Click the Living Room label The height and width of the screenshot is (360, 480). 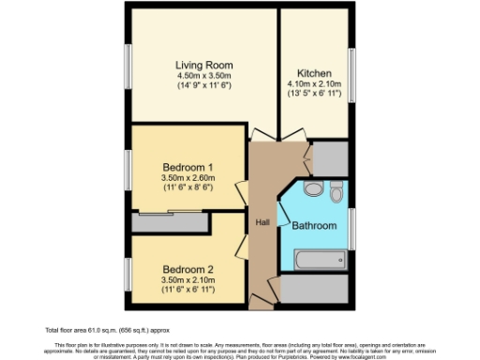[204, 65]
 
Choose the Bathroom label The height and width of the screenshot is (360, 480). [313, 226]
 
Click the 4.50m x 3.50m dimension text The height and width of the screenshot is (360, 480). [204, 76]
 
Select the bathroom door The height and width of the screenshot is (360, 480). [289, 199]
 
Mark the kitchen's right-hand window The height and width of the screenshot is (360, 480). [352, 71]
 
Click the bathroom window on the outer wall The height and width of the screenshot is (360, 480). [352, 229]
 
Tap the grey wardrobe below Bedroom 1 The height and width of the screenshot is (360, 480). [170, 223]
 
